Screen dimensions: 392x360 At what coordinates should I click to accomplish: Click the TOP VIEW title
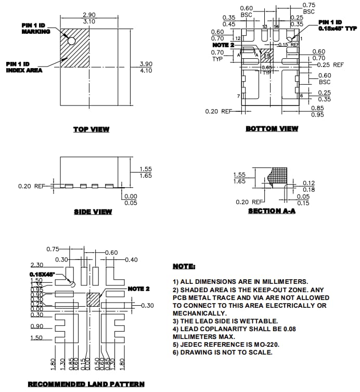coord(91,129)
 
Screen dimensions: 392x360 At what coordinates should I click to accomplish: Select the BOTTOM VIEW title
coord(272,128)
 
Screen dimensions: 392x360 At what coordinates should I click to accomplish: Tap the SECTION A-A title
coord(272,211)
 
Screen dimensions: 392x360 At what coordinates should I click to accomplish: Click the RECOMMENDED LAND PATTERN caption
coord(86,384)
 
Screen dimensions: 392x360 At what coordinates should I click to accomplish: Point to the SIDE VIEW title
coord(93,212)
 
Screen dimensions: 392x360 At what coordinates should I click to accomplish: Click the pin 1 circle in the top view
coord(71,41)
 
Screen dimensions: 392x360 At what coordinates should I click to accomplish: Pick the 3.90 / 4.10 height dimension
coord(146,67)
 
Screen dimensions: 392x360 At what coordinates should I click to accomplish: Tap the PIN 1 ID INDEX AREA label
coord(25,67)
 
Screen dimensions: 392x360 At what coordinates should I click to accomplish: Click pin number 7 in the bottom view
coord(238,96)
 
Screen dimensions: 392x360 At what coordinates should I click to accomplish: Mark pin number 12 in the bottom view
coord(238,38)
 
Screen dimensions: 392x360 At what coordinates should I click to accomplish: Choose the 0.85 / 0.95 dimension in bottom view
coord(318,111)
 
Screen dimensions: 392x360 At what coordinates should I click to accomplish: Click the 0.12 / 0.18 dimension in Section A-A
coord(308,186)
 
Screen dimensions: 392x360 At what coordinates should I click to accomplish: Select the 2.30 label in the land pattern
coord(36,265)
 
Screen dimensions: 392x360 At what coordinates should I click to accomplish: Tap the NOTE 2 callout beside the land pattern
coord(138,289)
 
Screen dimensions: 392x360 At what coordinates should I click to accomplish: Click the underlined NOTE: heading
coord(184,266)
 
